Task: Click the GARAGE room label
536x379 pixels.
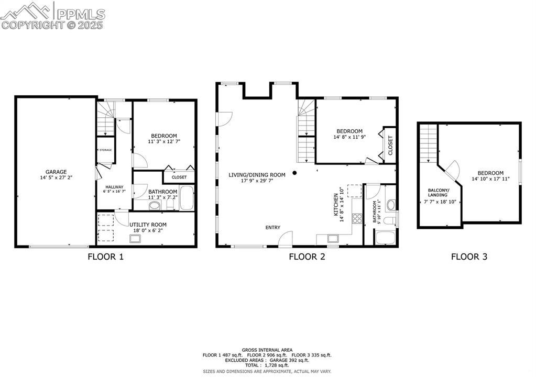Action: pos(55,171)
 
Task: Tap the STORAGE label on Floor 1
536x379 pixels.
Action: pos(106,150)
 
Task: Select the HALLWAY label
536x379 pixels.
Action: pos(114,187)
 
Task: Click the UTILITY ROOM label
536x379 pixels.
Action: pos(148,225)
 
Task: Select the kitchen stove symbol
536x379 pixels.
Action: pos(357,218)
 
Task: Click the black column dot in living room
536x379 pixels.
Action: pos(295,173)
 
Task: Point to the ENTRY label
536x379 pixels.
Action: pos(272,227)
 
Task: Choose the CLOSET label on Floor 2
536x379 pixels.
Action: pos(390,145)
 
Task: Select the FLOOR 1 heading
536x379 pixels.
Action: pos(106,257)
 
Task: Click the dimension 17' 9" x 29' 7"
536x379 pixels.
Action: pos(257,181)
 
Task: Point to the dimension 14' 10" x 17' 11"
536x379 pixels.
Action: pos(490,180)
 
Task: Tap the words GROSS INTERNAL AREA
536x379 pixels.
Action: pos(267,350)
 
